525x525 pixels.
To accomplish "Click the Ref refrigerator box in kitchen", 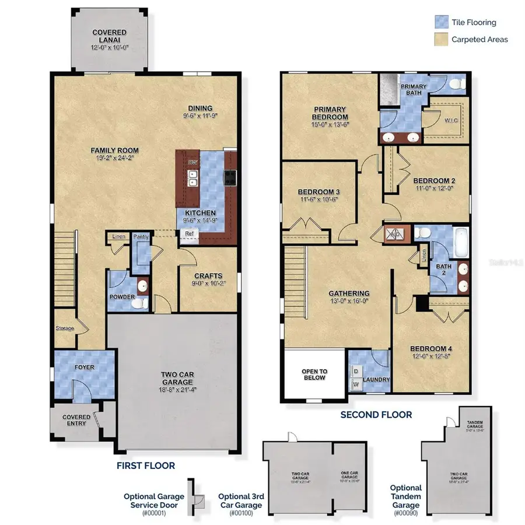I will [x=189, y=233].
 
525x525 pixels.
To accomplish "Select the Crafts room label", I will [x=207, y=276].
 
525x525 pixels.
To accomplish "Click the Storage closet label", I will [x=65, y=328].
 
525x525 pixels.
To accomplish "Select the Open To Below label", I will [x=314, y=374].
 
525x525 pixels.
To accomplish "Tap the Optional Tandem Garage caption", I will [x=405, y=496].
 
